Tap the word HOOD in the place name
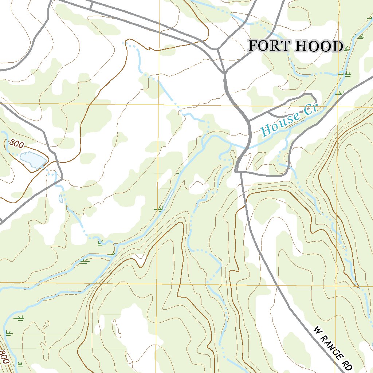point(319,46)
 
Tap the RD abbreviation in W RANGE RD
point(347,362)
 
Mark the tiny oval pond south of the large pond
point(61,199)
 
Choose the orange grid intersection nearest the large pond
point(0,103)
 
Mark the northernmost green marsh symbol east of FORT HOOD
point(361,36)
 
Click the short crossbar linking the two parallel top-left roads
point(91,5)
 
